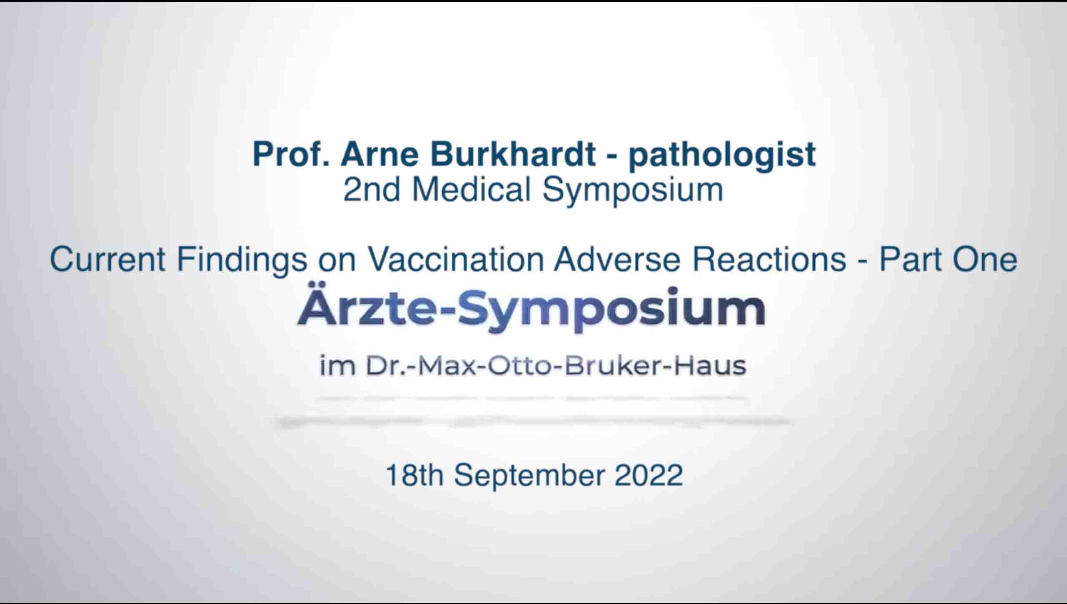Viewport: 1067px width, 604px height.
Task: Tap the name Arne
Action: tap(380, 154)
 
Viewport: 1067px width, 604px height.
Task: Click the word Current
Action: tap(108, 260)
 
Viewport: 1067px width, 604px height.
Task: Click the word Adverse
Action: tap(618, 260)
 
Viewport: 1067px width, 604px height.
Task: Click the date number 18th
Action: tap(415, 475)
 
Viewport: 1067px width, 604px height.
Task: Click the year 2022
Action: tap(649, 475)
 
